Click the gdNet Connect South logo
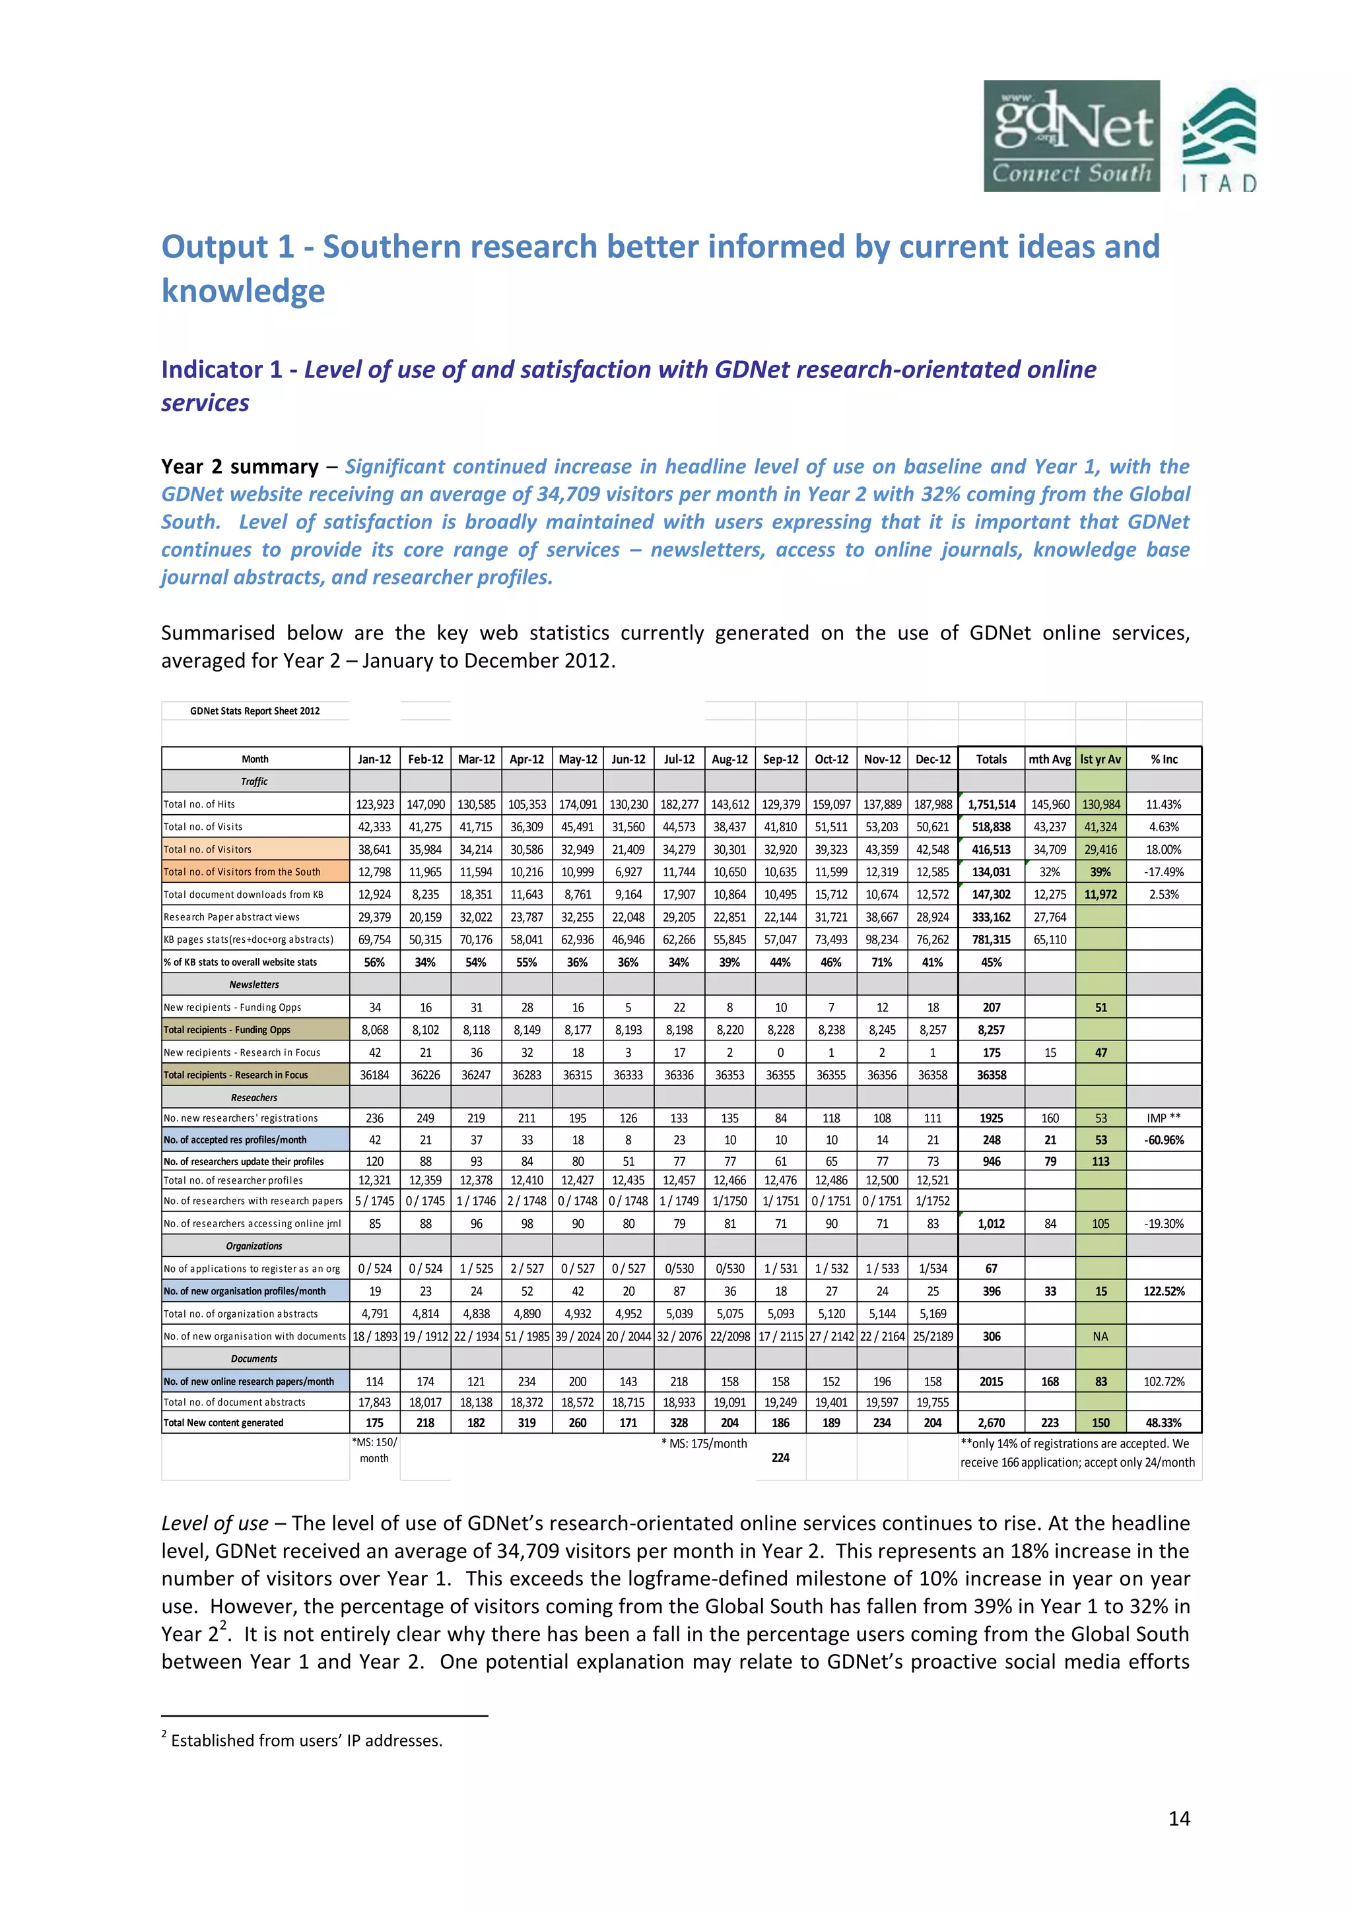point(1071,136)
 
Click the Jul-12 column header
point(679,759)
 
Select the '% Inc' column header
point(1164,759)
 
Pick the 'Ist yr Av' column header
point(1100,759)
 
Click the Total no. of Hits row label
point(200,804)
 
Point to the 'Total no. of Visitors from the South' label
point(242,872)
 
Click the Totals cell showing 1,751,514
point(992,804)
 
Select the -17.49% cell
point(1164,872)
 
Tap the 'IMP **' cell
point(1164,1118)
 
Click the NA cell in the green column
point(1100,1337)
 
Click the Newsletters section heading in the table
point(254,984)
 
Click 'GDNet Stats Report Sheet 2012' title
point(255,711)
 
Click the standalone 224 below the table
point(780,1458)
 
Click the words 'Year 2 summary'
point(240,466)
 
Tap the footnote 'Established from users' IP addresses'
point(306,1740)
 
